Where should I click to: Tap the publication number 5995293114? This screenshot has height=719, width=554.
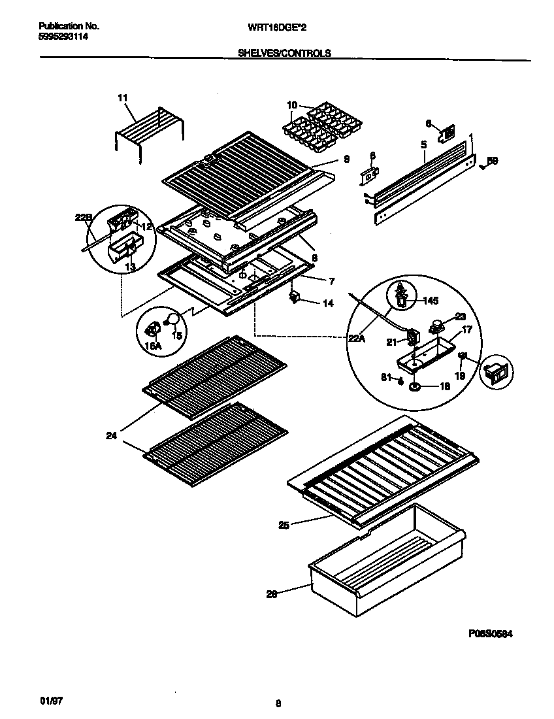64,37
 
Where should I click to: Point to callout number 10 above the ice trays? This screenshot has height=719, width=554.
291,105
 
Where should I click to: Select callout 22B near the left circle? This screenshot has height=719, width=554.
83,218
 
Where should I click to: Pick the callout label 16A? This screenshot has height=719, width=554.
153,346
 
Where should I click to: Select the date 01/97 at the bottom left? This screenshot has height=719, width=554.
51,700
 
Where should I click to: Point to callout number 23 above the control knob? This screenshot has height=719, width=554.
459,315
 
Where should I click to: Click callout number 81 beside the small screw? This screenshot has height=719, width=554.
386,376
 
